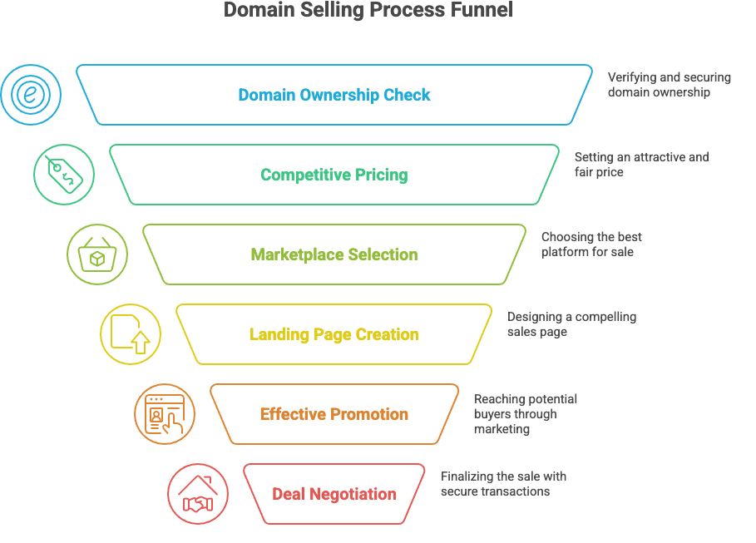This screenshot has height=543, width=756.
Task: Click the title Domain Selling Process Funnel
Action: [368, 11]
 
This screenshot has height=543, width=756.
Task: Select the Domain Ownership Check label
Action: [334, 95]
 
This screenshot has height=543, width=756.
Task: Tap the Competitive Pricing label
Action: [334, 175]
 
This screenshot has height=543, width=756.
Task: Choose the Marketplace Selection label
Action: [334, 254]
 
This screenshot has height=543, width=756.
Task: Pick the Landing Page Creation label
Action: [334, 334]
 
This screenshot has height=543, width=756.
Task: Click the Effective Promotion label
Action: [334, 414]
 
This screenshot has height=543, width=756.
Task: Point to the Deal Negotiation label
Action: [334, 494]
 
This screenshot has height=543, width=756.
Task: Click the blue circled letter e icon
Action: [31, 95]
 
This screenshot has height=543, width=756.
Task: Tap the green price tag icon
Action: [64, 175]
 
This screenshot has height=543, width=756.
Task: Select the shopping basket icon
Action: [97, 254]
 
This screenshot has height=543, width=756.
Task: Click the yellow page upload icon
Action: [131, 334]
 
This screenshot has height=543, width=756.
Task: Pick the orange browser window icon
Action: [165, 414]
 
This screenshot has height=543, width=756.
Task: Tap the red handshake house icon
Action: [198, 494]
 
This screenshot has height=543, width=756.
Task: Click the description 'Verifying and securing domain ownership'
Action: [669, 85]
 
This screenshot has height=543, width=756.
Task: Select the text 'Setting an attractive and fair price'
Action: [641, 165]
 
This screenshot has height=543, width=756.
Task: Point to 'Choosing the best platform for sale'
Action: [591, 244]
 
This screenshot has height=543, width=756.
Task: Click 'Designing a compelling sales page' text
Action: [571, 324]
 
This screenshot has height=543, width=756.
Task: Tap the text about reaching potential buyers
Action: [525, 414]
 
